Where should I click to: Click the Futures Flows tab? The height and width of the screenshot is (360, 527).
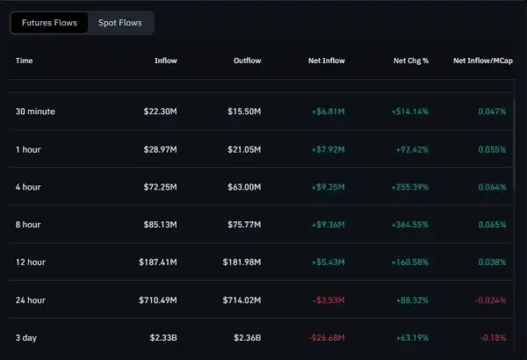tap(49, 22)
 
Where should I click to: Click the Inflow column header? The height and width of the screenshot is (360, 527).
tap(165, 61)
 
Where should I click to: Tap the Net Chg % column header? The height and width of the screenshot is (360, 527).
tap(410, 61)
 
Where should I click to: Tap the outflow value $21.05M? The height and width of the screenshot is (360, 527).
tap(243, 149)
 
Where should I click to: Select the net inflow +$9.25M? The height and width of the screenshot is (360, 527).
tap(328, 187)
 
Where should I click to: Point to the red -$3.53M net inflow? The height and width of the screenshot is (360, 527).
tap(328, 299)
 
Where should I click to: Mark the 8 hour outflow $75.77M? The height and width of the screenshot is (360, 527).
tap(243, 225)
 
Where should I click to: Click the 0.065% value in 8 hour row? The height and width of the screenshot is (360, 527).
tap(490, 225)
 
